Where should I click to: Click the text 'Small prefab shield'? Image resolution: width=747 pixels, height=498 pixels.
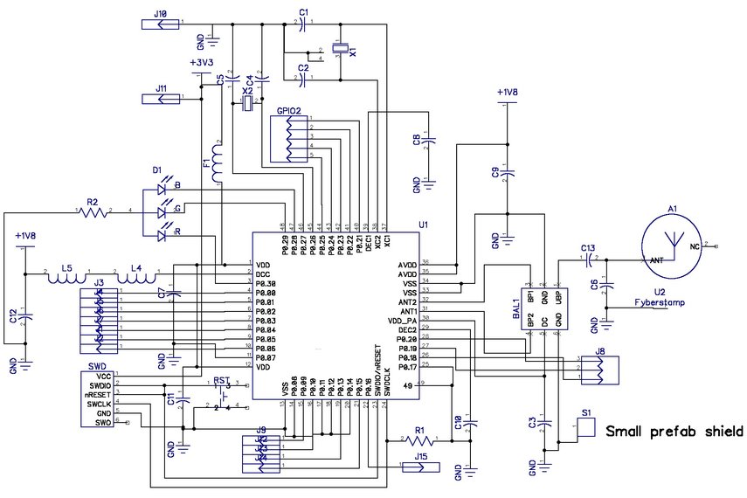point(674,431)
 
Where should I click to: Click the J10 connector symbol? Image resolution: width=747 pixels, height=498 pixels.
point(160,24)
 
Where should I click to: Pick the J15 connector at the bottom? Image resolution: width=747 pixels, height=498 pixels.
point(421,467)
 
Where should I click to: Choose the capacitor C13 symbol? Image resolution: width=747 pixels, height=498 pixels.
point(588,259)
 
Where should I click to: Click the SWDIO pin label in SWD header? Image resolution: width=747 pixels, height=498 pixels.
point(98,384)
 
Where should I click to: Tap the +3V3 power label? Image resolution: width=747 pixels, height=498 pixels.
point(202,64)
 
